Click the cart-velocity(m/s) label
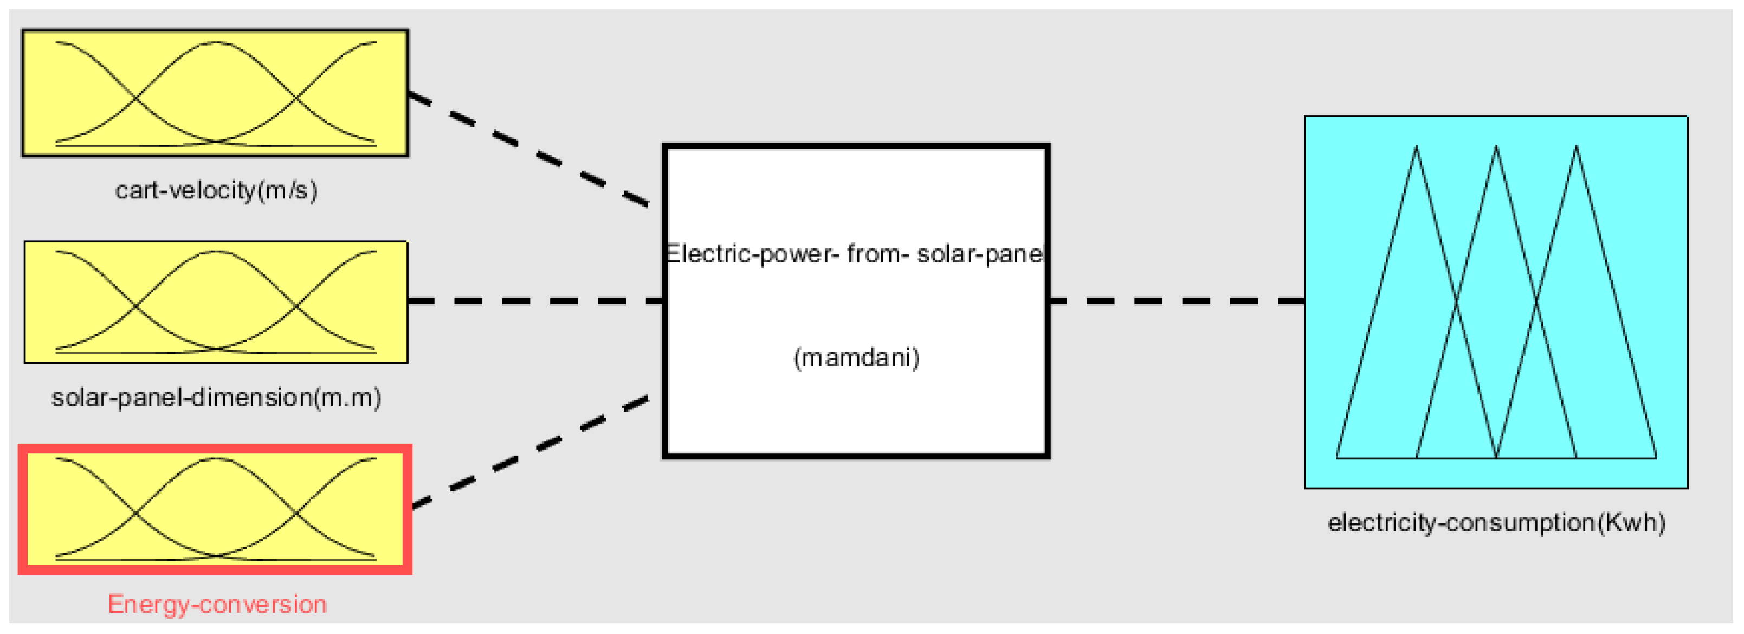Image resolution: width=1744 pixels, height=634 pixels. click(217, 190)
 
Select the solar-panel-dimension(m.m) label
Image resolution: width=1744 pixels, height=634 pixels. click(217, 398)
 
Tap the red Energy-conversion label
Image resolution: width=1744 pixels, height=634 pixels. click(217, 604)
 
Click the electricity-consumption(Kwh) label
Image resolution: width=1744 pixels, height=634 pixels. click(1496, 523)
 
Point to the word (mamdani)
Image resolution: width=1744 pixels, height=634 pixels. click(856, 357)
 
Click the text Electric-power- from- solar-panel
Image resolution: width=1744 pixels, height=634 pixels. click(855, 254)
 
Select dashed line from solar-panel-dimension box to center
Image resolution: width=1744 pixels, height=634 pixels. click(535, 301)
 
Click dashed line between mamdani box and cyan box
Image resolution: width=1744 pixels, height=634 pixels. click(1177, 301)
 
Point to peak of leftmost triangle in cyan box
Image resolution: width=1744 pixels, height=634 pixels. click(1416, 148)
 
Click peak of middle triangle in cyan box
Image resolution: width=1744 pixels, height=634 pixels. click(1496, 148)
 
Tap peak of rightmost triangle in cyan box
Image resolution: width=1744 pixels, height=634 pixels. click(1576, 148)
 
